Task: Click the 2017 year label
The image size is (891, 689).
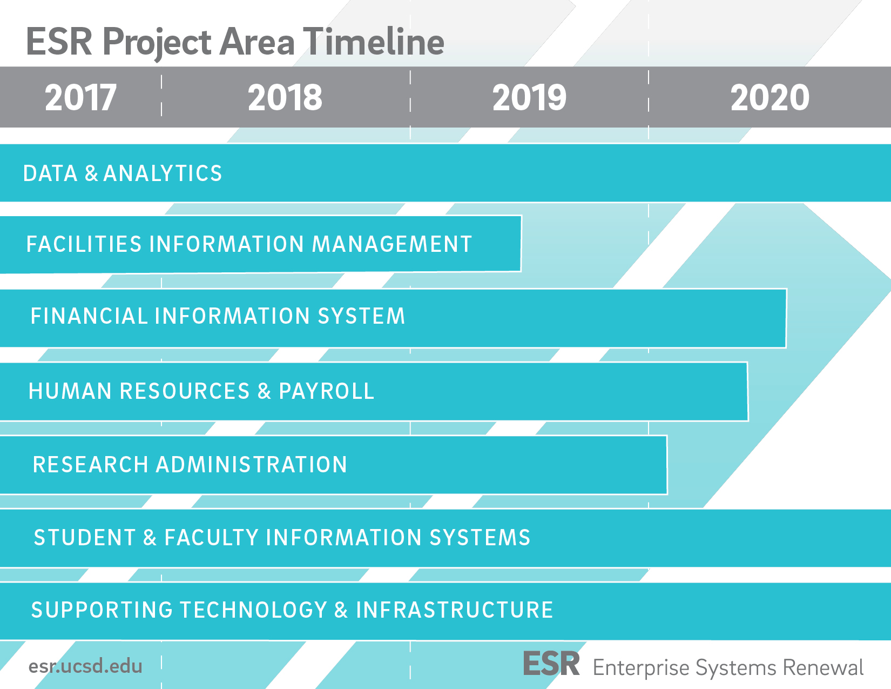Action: [x=81, y=98]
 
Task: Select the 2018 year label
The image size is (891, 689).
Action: [x=285, y=98]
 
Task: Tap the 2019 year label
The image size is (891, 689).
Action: [x=529, y=98]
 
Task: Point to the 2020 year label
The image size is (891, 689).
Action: [x=770, y=98]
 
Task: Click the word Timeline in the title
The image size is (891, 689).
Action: [x=374, y=42]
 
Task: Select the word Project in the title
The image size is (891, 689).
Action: [x=157, y=44]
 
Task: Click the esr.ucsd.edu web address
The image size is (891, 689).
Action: [x=85, y=666]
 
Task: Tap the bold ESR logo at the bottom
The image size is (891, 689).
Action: [x=551, y=664]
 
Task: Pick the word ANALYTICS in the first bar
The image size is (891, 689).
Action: [x=163, y=173]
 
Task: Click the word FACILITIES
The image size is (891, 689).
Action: [x=84, y=244]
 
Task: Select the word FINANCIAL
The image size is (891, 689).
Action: [x=89, y=316]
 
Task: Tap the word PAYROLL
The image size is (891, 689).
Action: [x=327, y=391]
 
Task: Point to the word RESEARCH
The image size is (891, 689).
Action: [x=91, y=465]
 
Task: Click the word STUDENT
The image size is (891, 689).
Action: [x=84, y=538]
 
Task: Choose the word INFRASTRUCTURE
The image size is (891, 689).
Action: [x=455, y=610]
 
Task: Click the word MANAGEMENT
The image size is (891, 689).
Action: [x=392, y=244]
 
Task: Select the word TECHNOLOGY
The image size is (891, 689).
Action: [x=253, y=610]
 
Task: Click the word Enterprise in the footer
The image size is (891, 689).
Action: [x=641, y=668]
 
